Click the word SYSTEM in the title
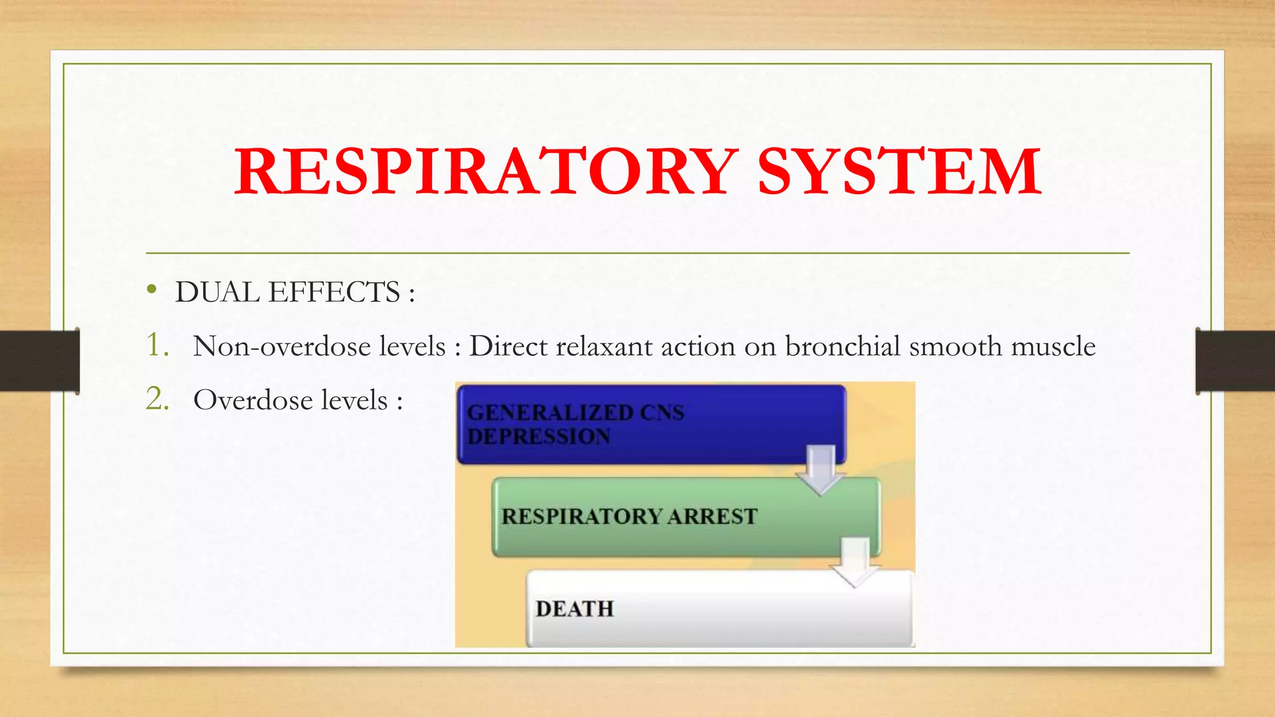point(899,171)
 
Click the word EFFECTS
point(334,292)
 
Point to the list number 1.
point(157,345)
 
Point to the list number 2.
point(157,399)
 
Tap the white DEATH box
point(716,609)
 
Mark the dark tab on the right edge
point(1235,361)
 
